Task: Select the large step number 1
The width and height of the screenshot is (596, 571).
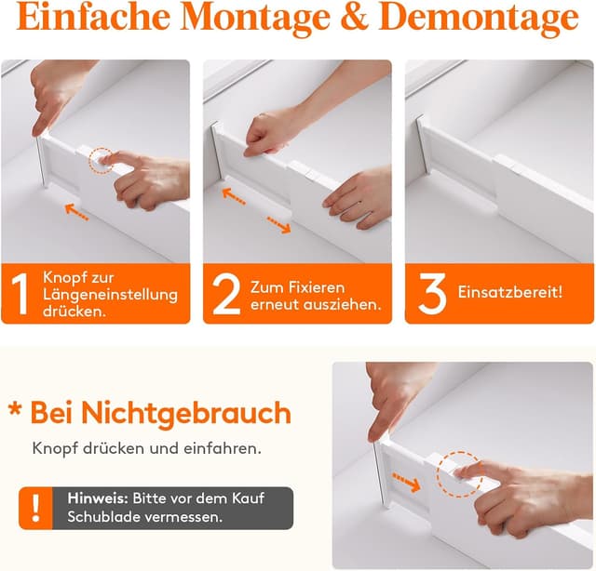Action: pos(22,294)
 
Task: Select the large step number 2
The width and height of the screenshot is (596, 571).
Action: pos(226,294)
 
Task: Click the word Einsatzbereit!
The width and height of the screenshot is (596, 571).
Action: pos(510,292)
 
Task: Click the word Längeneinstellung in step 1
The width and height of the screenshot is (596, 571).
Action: pos(114,295)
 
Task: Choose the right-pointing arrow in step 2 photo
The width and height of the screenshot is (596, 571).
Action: pos(278,224)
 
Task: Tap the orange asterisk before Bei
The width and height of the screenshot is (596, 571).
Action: pos(14,410)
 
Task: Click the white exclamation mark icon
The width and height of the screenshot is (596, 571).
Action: pos(35,508)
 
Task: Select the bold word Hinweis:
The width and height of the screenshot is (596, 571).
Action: pos(97,498)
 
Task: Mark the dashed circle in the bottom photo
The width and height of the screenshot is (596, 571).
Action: pos(458,473)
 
